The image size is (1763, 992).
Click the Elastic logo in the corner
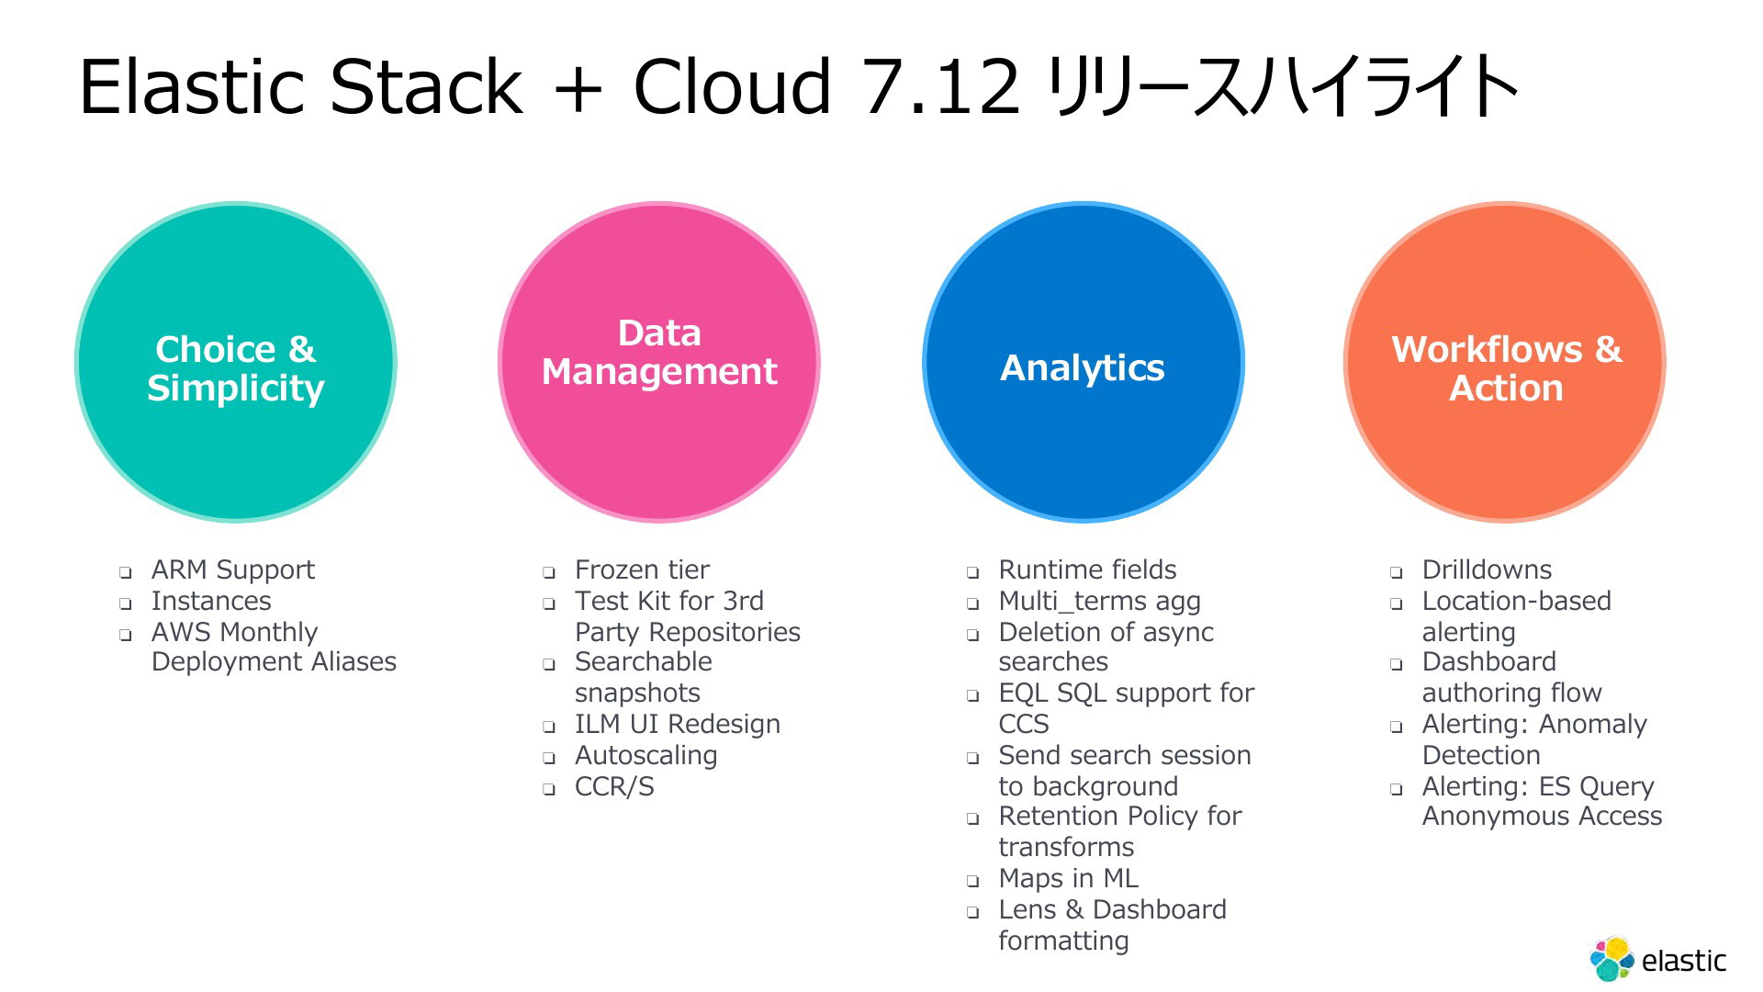[1658, 960]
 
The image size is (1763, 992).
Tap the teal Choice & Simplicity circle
[236, 362]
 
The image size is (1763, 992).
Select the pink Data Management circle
[659, 362]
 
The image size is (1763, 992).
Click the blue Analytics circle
[1083, 362]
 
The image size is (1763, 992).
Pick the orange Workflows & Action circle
[1506, 362]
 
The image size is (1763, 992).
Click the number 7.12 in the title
[941, 86]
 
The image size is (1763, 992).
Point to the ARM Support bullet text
[233, 570]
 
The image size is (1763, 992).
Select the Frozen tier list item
[642, 570]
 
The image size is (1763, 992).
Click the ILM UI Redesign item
[678, 725]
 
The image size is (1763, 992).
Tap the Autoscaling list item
[646, 756]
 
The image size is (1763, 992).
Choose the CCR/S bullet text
[614, 787]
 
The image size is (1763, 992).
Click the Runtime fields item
[1087, 570]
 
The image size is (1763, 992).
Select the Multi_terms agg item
[1099, 602]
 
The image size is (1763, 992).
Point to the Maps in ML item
[1068, 879]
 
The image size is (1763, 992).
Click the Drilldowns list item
[1487, 570]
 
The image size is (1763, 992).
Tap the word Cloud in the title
[733, 86]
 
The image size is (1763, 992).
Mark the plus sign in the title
[578, 89]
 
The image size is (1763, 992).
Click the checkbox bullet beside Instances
[125, 603]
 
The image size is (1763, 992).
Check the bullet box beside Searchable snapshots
[549, 664]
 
